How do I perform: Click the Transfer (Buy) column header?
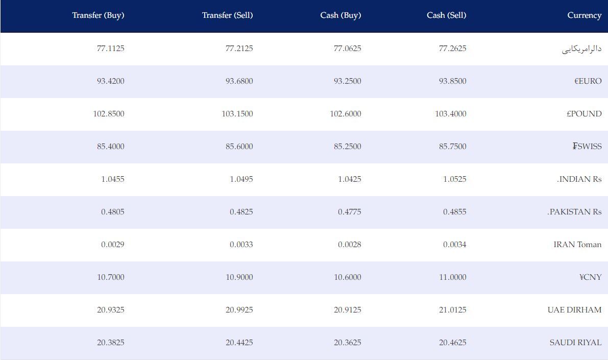[98, 15]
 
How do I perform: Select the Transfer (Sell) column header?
[227, 15]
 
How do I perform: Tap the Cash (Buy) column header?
[341, 15]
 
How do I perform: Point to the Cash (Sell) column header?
[446, 15]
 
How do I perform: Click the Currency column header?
[585, 15]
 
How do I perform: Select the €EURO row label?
[588, 81]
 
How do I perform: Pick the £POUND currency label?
[584, 114]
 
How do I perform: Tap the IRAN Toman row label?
[577, 245]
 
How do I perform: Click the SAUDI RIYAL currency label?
[575, 343]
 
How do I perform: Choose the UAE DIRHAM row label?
[574, 310]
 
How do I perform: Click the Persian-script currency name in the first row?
[581, 49]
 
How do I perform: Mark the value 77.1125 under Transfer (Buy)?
[110, 49]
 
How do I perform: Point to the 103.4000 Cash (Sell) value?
[451, 114]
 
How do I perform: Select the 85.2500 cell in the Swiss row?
[348, 146]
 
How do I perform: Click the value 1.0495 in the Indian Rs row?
[241, 179]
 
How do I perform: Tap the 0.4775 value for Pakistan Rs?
[349, 212]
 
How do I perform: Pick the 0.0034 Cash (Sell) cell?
[454, 245]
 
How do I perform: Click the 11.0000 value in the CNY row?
[452, 277]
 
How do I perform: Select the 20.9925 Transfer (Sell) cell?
[239, 310]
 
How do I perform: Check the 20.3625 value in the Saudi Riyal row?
[348, 343]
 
